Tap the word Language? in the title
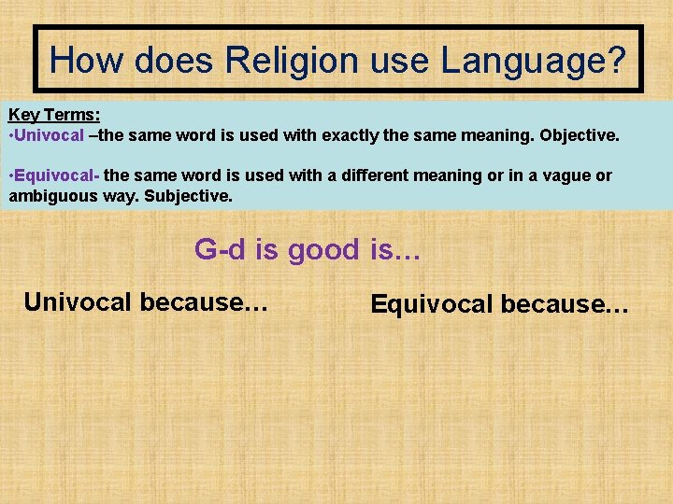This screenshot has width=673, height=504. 533,61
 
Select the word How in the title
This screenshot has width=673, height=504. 86,61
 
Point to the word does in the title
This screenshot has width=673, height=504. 174,61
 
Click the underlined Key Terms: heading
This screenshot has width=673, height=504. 54,116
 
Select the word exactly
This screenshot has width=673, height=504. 356,135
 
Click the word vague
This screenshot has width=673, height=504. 559,176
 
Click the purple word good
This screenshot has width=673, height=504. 323,249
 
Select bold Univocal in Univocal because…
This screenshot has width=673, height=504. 79,301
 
